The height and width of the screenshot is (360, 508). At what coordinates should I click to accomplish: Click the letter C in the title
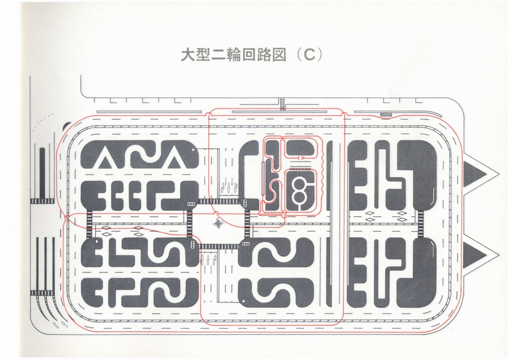click(x=310, y=55)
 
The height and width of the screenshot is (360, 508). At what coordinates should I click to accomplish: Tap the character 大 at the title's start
click(x=188, y=55)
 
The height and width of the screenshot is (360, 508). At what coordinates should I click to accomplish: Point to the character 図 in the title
click(x=280, y=55)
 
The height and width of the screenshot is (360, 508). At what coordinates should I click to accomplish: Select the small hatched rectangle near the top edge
click(x=386, y=114)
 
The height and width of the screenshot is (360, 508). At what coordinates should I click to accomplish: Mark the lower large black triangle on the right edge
click(x=476, y=255)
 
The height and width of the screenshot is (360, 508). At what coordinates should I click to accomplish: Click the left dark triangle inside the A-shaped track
click(x=104, y=163)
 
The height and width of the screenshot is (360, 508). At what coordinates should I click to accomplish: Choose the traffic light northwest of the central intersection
click(x=191, y=204)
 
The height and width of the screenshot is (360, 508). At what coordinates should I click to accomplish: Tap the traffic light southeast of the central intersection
click(x=245, y=244)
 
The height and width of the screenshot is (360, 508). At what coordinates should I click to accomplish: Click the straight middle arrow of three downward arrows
click(x=229, y=188)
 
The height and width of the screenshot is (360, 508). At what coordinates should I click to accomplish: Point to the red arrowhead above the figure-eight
click(x=303, y=157)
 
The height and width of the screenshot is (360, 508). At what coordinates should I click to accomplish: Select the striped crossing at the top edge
click(x=282, y=104)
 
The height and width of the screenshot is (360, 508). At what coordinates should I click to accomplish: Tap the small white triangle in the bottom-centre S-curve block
click(x=243, y=301)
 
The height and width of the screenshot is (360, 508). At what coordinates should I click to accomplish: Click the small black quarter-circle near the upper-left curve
click(x=67, y=126)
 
